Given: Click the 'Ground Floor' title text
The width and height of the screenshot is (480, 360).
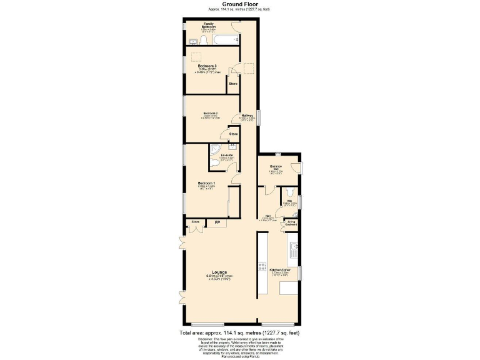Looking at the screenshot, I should (x=239, y=4).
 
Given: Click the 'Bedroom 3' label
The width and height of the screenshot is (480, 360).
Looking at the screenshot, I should (x=207, y=66).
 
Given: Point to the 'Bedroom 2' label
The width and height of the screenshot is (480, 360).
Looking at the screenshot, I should (x=210, y=113).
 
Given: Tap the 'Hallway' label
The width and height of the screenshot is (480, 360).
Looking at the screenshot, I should (x=246, y=116).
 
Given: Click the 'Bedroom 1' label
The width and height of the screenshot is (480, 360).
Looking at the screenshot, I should (x=206, y=183).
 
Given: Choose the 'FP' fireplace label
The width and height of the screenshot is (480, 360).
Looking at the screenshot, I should (x=217, y=222).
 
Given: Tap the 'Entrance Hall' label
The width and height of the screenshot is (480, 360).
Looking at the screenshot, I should (x=276, y=166).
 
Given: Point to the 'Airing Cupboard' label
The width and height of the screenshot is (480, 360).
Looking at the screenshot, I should (x=291, y=222).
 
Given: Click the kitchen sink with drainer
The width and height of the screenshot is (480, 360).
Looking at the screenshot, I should (x=293, y=253).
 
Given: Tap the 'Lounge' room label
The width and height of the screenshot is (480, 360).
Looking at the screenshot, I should (x=219, y=272).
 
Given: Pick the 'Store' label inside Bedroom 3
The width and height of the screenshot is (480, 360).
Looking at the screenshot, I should (x=232, y=83).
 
